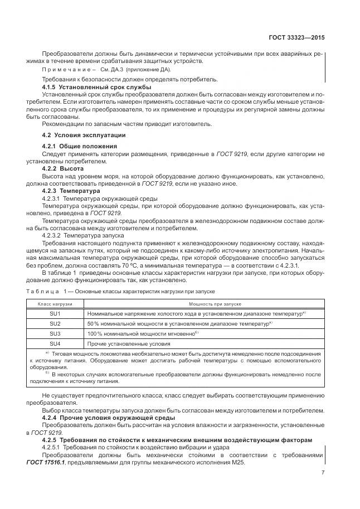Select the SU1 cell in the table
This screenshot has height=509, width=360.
55,314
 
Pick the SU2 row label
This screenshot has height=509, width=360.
55,324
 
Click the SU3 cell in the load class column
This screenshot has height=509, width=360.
55,333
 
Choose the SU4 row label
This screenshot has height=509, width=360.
55,343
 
